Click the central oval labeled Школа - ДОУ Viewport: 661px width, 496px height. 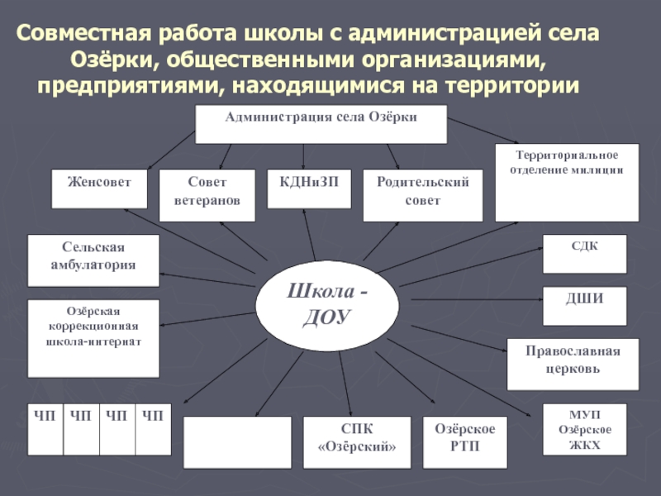(328, 305)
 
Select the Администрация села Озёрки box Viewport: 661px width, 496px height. (321, 124)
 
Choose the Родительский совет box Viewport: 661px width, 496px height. (422, 195)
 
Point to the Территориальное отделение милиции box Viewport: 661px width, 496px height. (567, 183)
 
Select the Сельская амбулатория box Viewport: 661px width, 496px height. (93, 260)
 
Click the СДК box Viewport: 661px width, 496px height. (584, 254)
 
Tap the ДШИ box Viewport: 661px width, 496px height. (584, 307)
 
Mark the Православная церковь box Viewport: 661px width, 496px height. (573, 364)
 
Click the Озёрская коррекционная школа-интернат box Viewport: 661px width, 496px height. (93, 338)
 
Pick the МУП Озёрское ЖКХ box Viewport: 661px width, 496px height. (584, 430)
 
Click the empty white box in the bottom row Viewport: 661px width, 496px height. (237, 442)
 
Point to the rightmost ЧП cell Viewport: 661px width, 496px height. (154, 429)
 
